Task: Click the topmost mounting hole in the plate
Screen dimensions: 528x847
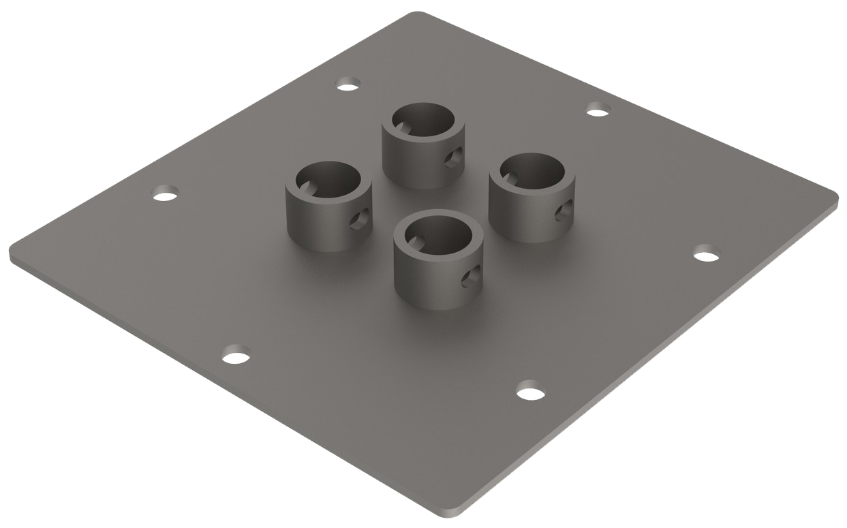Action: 348,85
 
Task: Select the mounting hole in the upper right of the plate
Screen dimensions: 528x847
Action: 598,110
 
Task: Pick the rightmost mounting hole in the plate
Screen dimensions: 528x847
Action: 707,255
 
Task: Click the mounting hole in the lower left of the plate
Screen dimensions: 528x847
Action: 236,356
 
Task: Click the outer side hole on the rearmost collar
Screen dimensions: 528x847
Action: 452,159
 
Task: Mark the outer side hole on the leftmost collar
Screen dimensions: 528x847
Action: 359,219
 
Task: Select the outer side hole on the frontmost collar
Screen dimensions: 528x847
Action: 469,277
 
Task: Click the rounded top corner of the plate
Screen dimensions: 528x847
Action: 417,14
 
